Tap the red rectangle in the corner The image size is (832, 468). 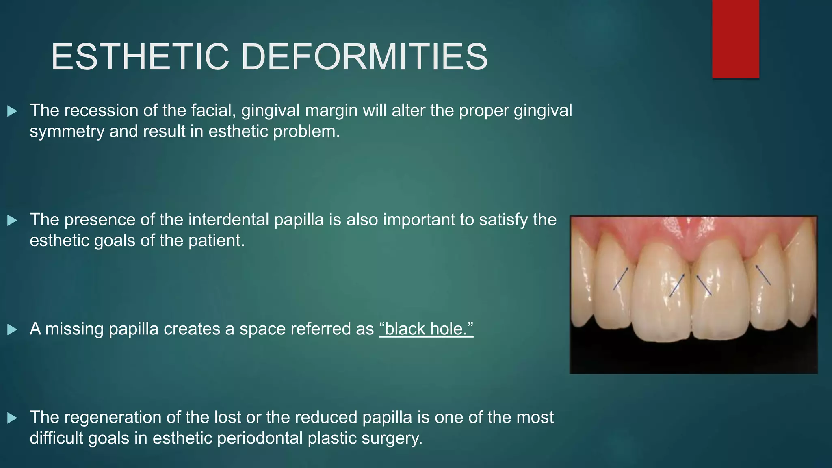735,39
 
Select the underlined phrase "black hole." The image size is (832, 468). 426,329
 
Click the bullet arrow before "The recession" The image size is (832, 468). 12,111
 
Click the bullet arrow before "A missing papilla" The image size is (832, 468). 12,329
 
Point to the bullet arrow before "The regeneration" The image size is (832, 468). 12,418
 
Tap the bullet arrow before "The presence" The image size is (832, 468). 12,220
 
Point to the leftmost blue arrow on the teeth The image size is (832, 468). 621,278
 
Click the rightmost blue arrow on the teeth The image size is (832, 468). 763,275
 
